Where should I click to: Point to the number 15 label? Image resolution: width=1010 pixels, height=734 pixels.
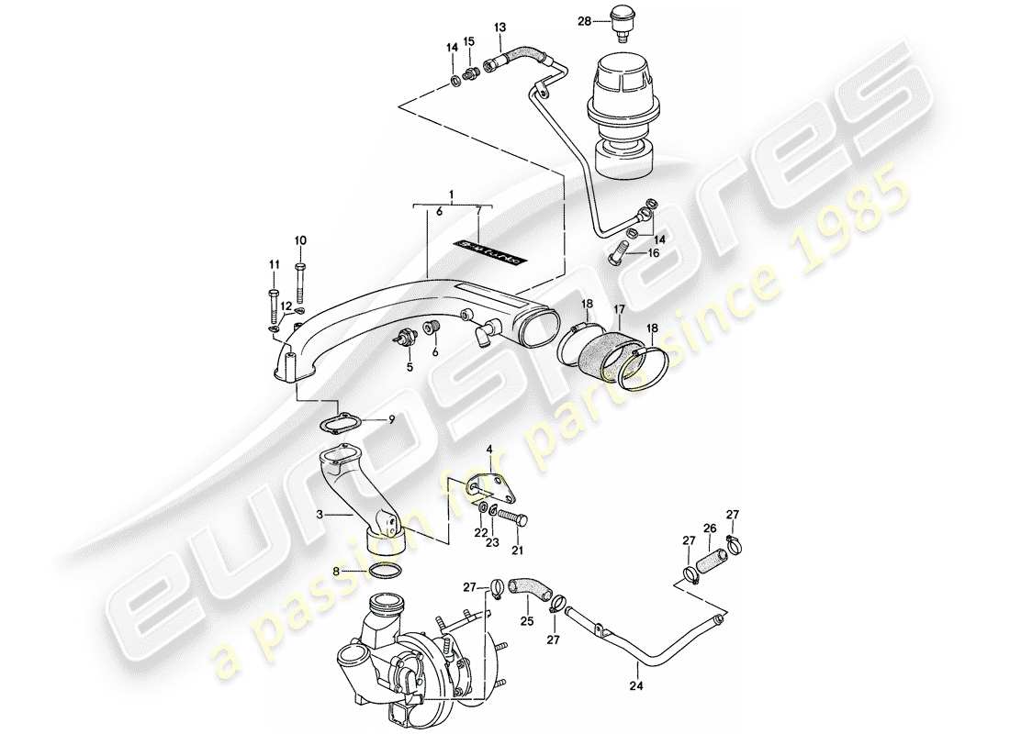[468, 42]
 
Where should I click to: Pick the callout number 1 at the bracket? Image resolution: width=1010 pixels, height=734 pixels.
[451, 195]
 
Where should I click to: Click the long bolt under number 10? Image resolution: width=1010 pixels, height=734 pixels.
[300, 284]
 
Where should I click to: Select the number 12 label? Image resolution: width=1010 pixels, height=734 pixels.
[286, 306]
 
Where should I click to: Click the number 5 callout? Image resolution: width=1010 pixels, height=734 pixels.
[410, 367]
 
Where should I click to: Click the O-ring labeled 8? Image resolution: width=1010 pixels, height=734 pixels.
[387, 572]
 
